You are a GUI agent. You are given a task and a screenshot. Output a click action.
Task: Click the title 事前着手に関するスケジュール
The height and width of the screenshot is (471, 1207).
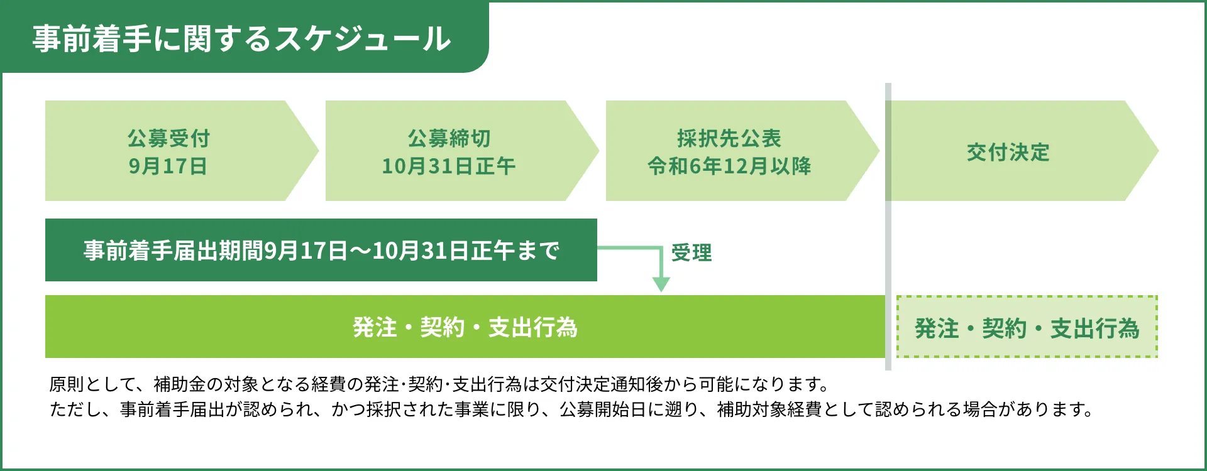242,38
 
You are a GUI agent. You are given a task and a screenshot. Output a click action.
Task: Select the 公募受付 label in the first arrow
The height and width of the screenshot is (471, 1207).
168,138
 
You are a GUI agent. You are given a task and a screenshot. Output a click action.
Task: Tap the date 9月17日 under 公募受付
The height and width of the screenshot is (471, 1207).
168,166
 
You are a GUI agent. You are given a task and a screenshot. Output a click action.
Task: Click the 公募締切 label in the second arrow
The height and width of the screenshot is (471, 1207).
449,138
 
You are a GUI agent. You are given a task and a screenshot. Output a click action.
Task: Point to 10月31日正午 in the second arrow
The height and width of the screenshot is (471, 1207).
449,166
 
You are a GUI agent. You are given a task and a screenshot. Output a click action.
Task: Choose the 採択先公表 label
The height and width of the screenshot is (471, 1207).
729,138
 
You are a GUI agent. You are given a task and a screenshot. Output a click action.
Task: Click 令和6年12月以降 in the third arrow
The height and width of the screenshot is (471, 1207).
729,166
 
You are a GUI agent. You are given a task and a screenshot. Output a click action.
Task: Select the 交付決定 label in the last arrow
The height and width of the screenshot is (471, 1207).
1008,152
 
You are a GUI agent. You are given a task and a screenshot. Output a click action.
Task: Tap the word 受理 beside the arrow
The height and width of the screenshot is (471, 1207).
692,252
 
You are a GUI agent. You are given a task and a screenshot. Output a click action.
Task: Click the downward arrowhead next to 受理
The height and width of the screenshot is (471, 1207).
661,284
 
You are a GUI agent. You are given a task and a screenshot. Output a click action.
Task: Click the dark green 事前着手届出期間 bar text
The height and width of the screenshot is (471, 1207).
321,251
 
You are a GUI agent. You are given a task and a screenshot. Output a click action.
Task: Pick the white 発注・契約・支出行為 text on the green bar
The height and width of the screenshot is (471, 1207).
465,327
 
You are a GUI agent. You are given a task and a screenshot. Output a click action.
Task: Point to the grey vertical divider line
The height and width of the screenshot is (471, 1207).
888,227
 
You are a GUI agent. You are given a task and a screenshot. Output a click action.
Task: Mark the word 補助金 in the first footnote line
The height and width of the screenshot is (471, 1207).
180,384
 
